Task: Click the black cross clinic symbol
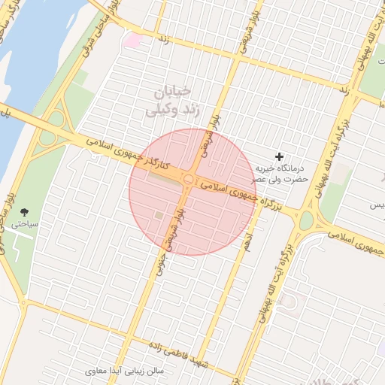[x=280, y=156]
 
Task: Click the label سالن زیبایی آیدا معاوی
[x=131, y=371]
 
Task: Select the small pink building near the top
[x=133, y=40]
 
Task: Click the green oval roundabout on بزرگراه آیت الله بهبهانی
[x=307, y=221]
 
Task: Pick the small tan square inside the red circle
[x=159, y=217]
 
